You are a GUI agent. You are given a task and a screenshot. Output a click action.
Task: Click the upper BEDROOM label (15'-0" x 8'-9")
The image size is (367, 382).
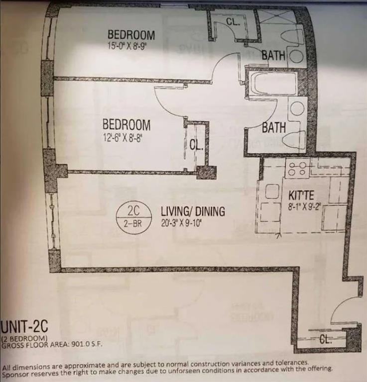[x=131, y=35]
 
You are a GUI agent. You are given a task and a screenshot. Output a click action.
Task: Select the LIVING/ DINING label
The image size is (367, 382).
[x=192, y=211]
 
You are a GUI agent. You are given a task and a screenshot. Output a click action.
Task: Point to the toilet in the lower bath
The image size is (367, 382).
[x=294, y=139]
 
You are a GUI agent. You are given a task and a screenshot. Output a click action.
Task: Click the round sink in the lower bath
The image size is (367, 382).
[x=298, y=109]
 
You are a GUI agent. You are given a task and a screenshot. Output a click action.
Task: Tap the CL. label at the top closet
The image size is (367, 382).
[x=233, y=22]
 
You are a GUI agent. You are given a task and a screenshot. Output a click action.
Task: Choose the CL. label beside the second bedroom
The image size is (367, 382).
[x=195, y=145]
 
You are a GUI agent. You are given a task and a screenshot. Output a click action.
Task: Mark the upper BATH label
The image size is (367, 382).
[x=273, y=55]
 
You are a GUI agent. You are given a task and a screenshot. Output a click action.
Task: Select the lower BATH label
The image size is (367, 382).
[x=274, y=128]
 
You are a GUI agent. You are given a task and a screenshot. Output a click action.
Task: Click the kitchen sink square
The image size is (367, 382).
[x=272, y=191]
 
